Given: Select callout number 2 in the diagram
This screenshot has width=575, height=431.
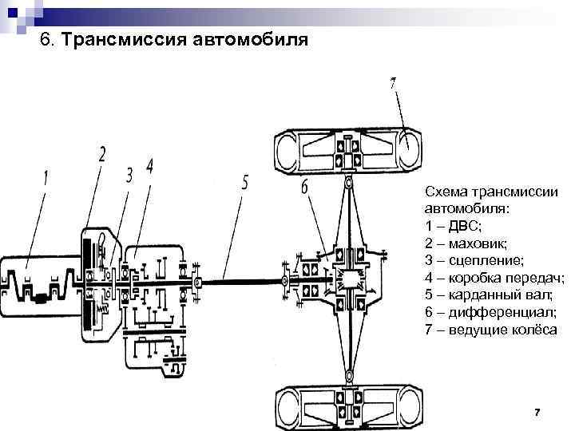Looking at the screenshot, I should click(x=102, y=154).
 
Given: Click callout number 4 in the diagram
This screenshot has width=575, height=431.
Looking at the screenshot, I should click(x=149, y=167).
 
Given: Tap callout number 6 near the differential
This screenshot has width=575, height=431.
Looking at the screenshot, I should click(x=305, y=188).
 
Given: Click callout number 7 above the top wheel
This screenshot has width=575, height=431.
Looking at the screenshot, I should click(x=393, y=84).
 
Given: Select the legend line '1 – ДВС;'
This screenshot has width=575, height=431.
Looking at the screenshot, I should click(x=453, y=226).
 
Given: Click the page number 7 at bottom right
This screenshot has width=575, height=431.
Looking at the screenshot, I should click(x=537, y=412).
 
